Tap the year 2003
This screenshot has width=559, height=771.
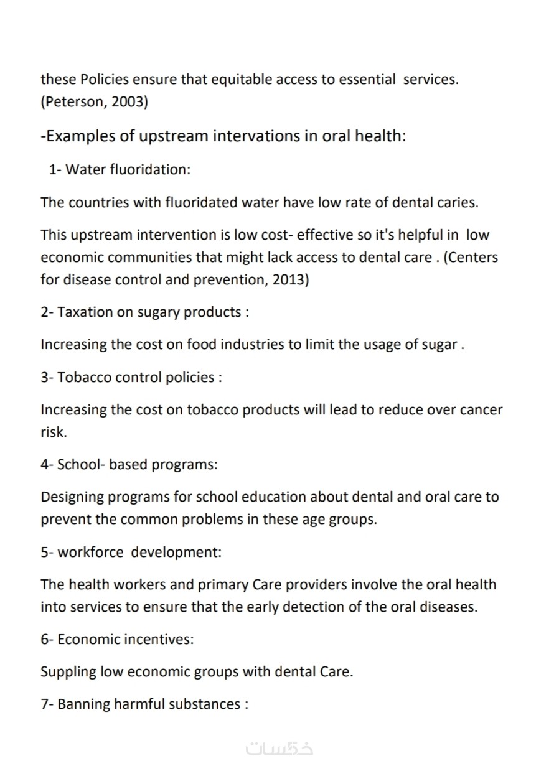129,101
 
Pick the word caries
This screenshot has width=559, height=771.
457,202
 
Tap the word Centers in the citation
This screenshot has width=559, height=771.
473,257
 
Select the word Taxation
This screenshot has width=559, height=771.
85,312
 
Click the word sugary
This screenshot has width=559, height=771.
158,312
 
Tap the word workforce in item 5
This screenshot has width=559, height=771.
92,552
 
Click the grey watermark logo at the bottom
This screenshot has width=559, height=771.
279,748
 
